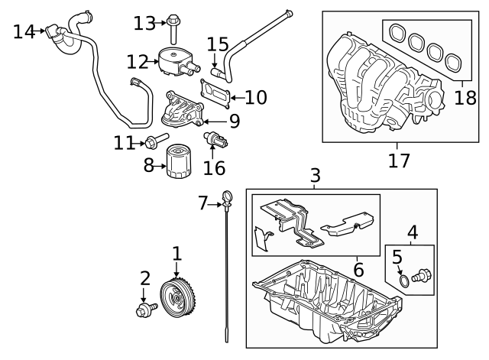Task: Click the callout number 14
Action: [x=24, y=31]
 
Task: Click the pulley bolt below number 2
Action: [x=144, y=310]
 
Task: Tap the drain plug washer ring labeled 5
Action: [x=404, y=281]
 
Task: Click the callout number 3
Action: [x=315, y=177]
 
